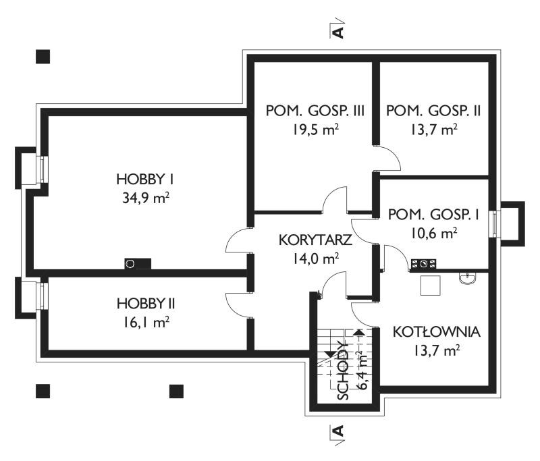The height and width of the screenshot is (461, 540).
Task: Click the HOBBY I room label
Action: tap(145, 180)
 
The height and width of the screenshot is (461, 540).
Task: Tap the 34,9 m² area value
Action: tap(146, 198)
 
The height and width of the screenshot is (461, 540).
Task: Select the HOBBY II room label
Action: tap(146, 304)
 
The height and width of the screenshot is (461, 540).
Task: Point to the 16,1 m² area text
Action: tap(146, 323)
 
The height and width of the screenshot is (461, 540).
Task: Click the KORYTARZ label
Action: tap(315, 240)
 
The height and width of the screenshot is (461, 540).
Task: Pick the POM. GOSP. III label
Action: tap(315, 111)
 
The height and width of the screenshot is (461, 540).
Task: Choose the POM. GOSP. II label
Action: tap(433, 111)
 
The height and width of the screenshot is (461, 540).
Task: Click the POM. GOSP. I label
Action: tap(433, 215)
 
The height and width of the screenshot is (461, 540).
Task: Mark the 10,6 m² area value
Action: tap(434, 234)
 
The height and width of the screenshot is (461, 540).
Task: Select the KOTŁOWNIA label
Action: tap(436, 332)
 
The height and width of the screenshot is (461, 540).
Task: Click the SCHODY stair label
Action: tap(344, 371)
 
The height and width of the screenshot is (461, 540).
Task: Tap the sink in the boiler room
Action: tap(468, 278)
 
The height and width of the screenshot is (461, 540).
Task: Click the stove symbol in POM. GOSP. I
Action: tap(423, 264)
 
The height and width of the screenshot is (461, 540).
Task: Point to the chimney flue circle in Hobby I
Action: tap(130, 264)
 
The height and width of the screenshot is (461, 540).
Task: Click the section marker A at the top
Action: tap(339, 32)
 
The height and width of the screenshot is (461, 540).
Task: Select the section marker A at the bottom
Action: tap(339, 431)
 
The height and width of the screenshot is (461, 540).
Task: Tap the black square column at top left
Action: tap(43, 57)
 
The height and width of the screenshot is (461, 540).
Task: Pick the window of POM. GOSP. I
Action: tap(495, 224)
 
